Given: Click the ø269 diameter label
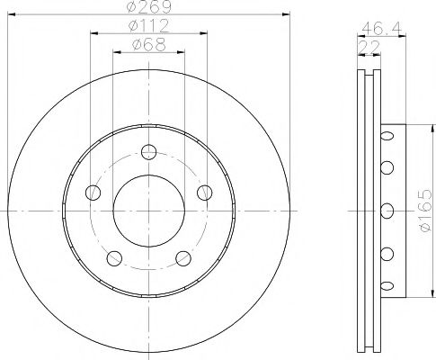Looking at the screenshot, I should coord(153,7).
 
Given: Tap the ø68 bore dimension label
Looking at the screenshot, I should coord(149,44).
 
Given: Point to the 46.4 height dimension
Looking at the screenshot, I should coord(378,29).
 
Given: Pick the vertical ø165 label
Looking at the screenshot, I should coord(425,211).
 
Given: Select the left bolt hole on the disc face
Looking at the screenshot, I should coord(92,191).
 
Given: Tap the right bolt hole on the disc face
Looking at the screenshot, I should coord(205,191).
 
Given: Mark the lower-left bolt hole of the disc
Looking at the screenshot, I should coord(113,258).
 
